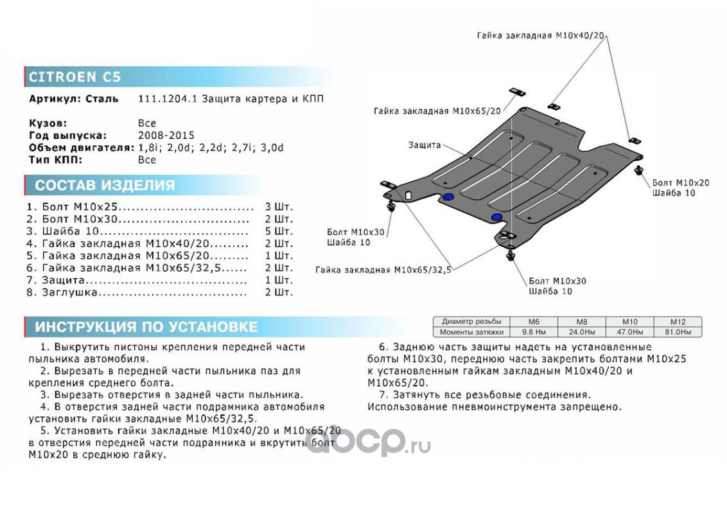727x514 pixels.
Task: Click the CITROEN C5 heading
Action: pyautogui.click(x=74, y=77)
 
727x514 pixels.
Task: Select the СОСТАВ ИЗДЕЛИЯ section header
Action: pyautogui.click(x=104, y=186)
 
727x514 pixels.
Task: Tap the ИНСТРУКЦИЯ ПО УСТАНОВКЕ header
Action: pyautogui.click(x=146, y=327)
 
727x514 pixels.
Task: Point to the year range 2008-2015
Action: pyautogui.click(x=166, y=136)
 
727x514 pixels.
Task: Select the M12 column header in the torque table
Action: pyautogui.click(x=678, y=321)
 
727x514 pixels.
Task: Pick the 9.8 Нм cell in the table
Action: pyautogui.click(x=533, y=332)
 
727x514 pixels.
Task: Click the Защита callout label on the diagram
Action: pyautogui.click(x=425, y=145)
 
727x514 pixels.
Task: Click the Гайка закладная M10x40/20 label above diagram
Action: pyautogui.click(x=541, y=35)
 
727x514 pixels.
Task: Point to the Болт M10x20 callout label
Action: pyautogui.click(x=681, y=183)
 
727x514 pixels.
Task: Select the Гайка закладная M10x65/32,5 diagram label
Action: pyautogui.click(x=383, y=270)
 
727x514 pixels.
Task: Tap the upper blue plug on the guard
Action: pyautogui.click(x=448, y=197)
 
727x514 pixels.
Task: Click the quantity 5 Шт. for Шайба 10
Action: pyautogui.click(x=279, y=231)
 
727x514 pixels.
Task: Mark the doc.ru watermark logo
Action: pyautogui.click(x=367, y=442)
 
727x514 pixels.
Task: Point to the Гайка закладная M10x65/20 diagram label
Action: pyautogui.click(x=436, y=111)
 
